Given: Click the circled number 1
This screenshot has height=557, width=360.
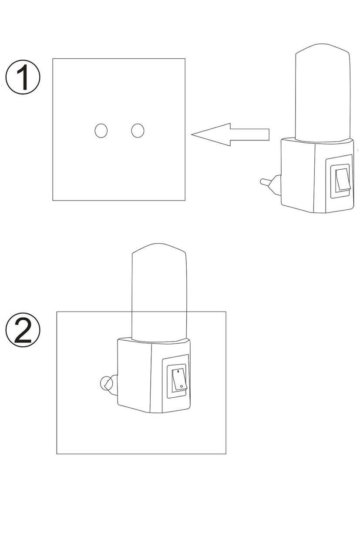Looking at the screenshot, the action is tap(23, 77).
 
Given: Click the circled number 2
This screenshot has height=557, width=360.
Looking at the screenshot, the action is tap(23, 330).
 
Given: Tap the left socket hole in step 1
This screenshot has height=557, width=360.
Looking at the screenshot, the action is tap(101, 131).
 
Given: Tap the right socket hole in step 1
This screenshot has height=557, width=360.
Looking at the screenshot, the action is tap(138, 131).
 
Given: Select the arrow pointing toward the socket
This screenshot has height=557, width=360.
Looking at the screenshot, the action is tap(230, 134).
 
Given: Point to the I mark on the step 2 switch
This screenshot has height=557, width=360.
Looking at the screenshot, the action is tap(178, 371).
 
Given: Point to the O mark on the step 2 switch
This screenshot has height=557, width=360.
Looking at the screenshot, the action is tap(182, 386).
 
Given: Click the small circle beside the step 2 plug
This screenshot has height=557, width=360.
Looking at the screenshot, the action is tap(106, 383).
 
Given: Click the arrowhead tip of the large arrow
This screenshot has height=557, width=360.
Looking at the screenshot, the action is tap(192, 134).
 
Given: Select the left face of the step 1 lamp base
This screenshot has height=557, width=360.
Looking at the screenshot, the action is tap(298, 175).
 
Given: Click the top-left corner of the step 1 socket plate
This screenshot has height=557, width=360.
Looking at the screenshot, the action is tap(53, 59).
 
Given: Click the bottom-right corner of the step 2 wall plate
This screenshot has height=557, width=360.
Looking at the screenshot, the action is tap(226, 453).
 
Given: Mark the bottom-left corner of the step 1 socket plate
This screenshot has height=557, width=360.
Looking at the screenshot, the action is tap(53, 200).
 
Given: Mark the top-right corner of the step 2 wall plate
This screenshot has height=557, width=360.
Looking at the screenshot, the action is tap(226, 312).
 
